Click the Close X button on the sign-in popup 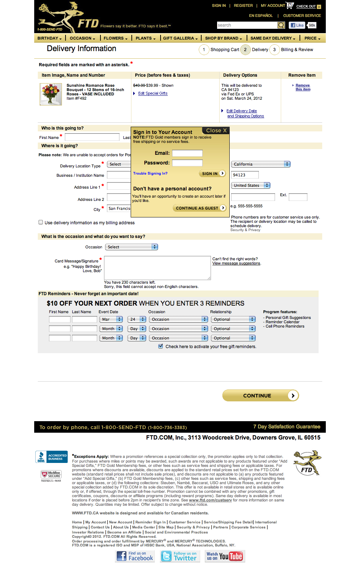click(x=216, y=131)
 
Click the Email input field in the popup click(x=187, y=153)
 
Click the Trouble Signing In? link click(x=150, y=174)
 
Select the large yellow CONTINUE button click(x=260, y=396)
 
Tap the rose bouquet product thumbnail click(x=51, y=94)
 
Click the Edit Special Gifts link click(x=153, y=94)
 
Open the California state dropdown click(x=261, y=164)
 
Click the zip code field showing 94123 click(x=245, y=175)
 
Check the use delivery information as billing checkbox click(x=41, y=222)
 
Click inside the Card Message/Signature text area click(x=157, y=268)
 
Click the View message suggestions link click(x=236, y=264)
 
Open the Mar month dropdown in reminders click(x=111, y=319)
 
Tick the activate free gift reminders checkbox click(x=161, y=346)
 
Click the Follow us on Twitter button click(x=179, y=556)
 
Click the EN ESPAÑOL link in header click(x=261, y=16)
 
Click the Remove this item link click(x=302, y=87)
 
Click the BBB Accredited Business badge click(x=51, y=457)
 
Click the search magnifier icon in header click(x=281, y=25)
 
